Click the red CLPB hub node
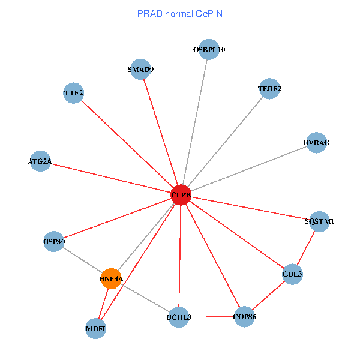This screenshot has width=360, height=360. click(181, 195)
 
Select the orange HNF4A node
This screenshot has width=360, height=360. click(111, 278)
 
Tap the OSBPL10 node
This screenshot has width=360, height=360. click(208, 50)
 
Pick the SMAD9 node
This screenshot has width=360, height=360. click(140, 69)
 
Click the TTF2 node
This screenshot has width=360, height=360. click(73, 93)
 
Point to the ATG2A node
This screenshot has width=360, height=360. click(40, 161)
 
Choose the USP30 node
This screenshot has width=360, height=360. click(54, 242)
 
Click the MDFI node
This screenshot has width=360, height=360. click(96, 328)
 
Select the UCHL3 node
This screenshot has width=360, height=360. click(179, 317)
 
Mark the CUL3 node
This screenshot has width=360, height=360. click(292, 274)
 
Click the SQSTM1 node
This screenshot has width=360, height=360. click(319, 221)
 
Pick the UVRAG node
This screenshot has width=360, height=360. click(317, 143)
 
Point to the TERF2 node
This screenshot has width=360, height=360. click(269, 89)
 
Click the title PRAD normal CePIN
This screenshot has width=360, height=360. click(180, 13)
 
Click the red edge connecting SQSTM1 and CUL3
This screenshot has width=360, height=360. click(306, 248)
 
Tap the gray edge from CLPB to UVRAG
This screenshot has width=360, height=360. click(249, 169)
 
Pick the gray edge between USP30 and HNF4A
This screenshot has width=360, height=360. click(82, 260)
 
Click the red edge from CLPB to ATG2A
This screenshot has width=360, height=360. click(110, 178)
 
